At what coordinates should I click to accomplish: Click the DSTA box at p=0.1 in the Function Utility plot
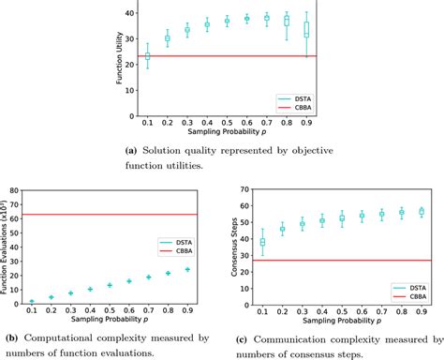147,57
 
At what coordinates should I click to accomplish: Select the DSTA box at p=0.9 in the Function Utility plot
306,28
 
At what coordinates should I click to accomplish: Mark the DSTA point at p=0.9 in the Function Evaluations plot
187,270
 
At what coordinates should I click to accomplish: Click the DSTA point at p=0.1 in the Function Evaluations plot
31,302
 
